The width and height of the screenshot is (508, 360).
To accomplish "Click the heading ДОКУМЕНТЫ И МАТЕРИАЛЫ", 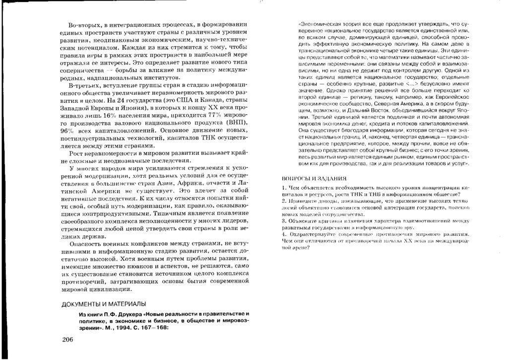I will coord(104,304).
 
